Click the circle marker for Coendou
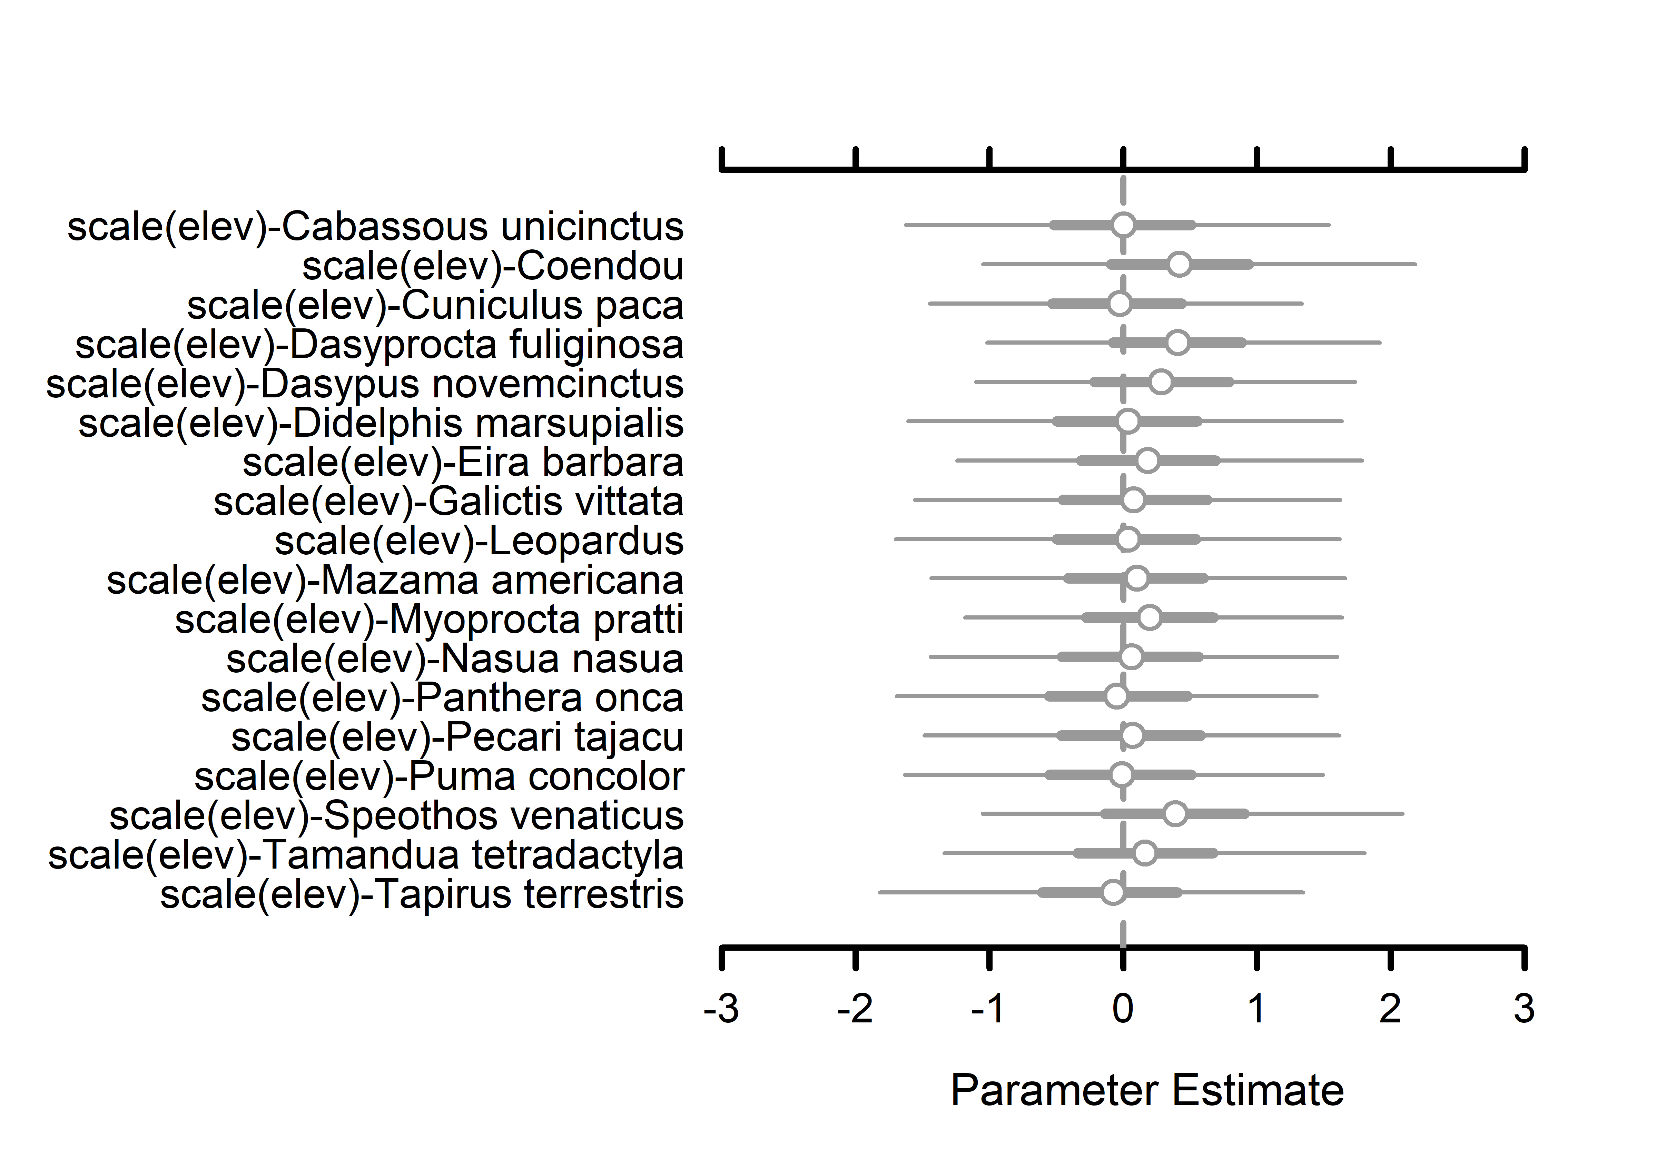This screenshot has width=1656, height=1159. click(x=1179, y=265)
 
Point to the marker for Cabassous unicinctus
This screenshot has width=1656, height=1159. click(x=1123, y=225)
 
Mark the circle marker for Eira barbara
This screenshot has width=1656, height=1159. click(x=1147, y=460)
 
